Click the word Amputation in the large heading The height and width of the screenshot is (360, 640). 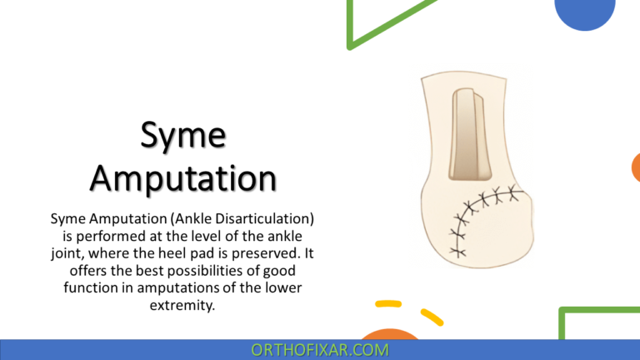tap(183, 177)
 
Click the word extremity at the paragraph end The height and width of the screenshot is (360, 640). tap(183, 305)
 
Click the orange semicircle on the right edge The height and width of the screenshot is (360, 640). tap(636, 167)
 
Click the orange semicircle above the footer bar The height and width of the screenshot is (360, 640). tap(392, 334)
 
